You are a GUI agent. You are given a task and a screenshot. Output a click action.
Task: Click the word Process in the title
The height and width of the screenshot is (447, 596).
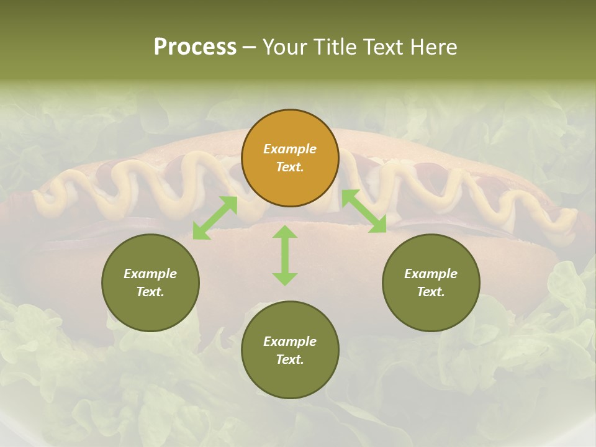[195, 47]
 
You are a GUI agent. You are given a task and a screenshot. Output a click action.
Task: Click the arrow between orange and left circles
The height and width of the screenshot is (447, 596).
[215, 218]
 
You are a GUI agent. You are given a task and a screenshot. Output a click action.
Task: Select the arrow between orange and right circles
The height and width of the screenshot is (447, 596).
[364, 212]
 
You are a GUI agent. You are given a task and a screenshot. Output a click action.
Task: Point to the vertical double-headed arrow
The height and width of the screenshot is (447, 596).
[285, 255]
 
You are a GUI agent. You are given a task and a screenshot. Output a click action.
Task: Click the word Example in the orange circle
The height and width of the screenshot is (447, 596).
[290, 149]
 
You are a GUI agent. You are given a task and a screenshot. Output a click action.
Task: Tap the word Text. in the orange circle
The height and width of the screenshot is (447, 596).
[290, 167]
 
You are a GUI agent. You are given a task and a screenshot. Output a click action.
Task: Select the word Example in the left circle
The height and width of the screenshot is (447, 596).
[150, 274]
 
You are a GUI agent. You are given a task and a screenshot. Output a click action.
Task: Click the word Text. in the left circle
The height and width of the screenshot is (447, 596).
[150, 292]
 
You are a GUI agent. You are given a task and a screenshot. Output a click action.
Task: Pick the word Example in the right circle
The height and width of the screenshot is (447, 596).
[431, 274]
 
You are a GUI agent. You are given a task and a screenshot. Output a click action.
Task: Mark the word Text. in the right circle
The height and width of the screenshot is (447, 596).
[431, 292]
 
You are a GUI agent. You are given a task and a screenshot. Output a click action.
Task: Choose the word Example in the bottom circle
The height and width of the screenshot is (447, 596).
[290, 341]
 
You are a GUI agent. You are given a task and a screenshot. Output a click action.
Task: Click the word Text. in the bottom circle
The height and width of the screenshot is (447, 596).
[290, 359]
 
